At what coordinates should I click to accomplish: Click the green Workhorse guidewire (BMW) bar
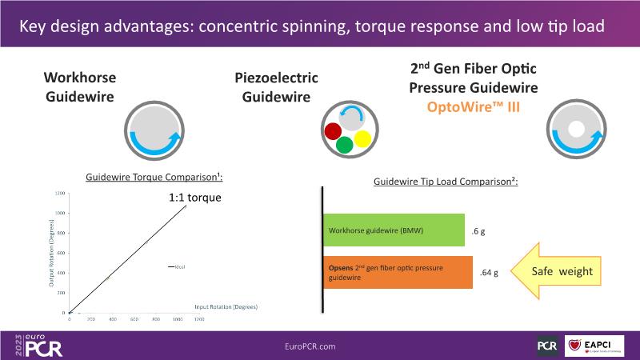coord(394,230)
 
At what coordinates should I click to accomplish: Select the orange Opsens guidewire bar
coord(398,272)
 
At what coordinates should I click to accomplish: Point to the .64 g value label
coord(489,273)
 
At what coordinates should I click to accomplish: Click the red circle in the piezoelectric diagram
coord(333,130)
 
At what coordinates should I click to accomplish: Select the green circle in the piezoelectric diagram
coord(345,145)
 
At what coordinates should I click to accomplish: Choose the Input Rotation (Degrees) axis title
coord(226,306)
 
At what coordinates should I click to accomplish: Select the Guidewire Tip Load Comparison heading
coord(446,182)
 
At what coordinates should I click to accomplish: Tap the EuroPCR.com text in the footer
coord(310,346)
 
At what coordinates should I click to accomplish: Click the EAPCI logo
coord(595,346)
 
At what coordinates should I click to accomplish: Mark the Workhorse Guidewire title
coord(79,87)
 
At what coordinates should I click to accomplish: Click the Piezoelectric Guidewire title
coord(276,87)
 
